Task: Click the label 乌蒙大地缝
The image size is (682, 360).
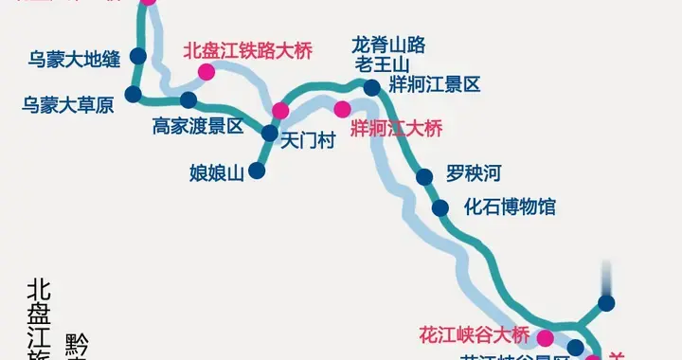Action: pyautogui.click(x=74, y=59)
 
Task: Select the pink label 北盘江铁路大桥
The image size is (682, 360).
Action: pyautogui.click(x=248, y=49)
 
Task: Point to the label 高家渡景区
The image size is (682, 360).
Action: pyautogui.click(x=198, y=125)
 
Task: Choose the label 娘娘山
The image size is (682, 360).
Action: pyautogui.click(x=217, y=172)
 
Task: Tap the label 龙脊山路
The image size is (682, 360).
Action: pyautogui.click(x=388, y=45)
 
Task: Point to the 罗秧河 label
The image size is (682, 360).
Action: pyautogui.click(x=473, y=174)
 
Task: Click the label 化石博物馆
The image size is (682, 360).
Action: pyautogui.click(x=510, y=207)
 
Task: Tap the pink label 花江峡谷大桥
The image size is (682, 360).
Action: pyautogui.click(x=474, y=335)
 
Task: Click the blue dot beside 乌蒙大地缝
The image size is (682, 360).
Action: pyautogui.click(x=139, y=55)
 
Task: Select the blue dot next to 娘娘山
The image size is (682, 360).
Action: pyautogui.click(x=256, y=171)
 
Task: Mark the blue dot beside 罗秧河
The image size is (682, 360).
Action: pyautogui.click(x=424, y=175)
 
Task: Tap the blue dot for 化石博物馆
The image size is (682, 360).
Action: pyautogui.click(x=440, y=208)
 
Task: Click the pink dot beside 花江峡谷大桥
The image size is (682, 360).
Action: pyautogui.click(x=545, y=337)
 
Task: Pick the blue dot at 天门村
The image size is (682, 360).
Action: pyautogui.click(x=270, y=134)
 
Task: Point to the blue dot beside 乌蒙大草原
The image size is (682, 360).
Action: pyautogui.click(x=133, y=94)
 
